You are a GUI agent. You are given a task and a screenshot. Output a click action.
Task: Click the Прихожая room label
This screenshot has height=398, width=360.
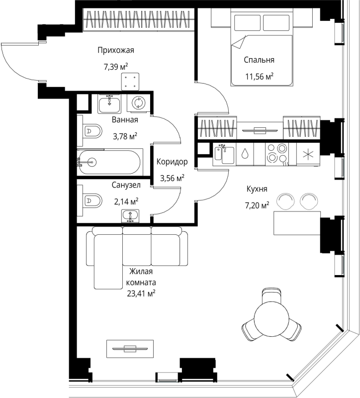coord(116,50)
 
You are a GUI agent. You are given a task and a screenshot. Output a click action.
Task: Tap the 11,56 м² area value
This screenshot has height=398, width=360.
coord(259,77)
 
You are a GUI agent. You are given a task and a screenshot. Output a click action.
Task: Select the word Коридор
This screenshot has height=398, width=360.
coord(172,162)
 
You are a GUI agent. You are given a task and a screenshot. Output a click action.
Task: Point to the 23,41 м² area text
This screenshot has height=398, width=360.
coord(141,294)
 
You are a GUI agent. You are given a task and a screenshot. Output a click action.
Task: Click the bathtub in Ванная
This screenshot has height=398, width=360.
coord(108,162)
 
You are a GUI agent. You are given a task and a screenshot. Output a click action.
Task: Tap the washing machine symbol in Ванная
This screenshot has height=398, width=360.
coord(139,102)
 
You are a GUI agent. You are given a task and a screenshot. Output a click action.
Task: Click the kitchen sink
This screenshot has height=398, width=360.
coord(224,154)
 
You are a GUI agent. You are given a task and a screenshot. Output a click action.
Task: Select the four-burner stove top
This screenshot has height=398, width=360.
coord(277,154)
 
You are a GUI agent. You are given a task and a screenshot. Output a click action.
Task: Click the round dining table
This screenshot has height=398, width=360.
coord(271,315)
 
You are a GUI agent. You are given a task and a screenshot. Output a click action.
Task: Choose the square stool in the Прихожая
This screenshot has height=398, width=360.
coord(130,82)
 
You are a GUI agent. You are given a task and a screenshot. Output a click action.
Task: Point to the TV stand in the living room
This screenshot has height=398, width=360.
coord(130,349)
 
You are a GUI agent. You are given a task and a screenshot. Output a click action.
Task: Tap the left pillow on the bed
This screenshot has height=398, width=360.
coord(247,23)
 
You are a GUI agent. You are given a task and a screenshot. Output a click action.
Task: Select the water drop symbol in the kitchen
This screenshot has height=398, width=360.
coord(245,154)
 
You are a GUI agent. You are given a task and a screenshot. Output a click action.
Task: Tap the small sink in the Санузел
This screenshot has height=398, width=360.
coord(130,216)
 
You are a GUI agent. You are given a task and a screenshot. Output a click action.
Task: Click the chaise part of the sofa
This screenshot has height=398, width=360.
coord(108,262)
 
